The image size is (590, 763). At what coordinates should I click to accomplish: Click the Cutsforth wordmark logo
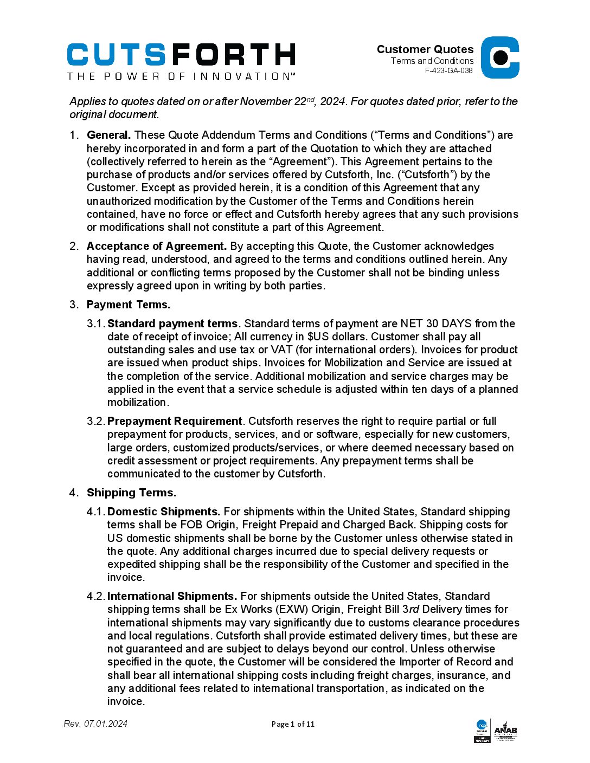[x=181, y=55]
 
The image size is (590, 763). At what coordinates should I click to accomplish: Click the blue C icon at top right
[x=500, y=57]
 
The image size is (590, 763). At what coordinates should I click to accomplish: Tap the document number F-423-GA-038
[x=448, y=70]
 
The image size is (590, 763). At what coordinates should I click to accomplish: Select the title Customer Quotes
[x=425, y=49]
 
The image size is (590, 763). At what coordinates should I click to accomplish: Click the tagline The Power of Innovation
[x=181, y=76]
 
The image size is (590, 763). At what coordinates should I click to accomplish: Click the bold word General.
[x=108, y=135]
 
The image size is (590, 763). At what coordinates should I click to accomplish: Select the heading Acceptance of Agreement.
[x=156, y=246]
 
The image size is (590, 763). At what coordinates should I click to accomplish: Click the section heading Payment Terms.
[x=128, y=305]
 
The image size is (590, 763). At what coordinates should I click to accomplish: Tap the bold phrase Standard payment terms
[x=172, y=324]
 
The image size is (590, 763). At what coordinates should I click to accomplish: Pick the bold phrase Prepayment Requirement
[x=174, y=421]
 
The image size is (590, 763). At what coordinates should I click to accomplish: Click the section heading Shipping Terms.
[x=131, y=493]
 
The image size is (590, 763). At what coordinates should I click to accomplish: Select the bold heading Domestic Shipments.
[x=163, y=512]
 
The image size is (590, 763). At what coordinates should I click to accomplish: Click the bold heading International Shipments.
[x=172, y=596]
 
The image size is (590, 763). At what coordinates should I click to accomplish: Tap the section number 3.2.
[x=95, y=421]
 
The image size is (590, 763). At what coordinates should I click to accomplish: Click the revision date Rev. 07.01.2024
[x=95, y=723]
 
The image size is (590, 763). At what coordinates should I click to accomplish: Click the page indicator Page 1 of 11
[x=293, y=724]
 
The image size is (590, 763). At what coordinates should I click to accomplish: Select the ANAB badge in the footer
[x=505, y=731]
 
